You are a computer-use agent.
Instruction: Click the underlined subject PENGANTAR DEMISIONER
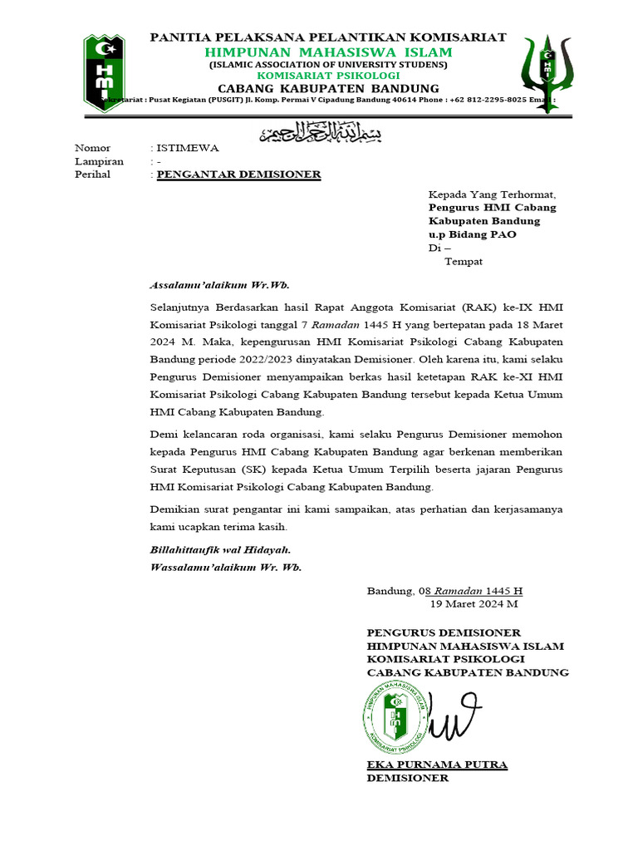(x=238, y=175)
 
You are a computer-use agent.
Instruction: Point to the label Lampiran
(x=99, y=161)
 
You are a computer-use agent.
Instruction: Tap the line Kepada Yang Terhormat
(x=492, y=194)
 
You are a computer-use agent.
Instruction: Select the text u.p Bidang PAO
(x=472, y=234)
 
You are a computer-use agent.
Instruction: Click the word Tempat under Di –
(x=464, y=261)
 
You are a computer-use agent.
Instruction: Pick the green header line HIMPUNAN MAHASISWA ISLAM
(x=328, y=52)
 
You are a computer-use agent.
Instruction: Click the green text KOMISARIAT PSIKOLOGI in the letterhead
(x=328, y=76)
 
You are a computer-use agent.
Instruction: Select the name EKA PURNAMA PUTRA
(x=437, y=765)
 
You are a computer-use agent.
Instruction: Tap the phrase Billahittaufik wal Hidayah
(x=220, y=550)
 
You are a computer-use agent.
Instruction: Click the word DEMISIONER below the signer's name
(x=408, y=778)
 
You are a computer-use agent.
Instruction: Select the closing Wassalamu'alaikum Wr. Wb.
(x=225, y=567)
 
